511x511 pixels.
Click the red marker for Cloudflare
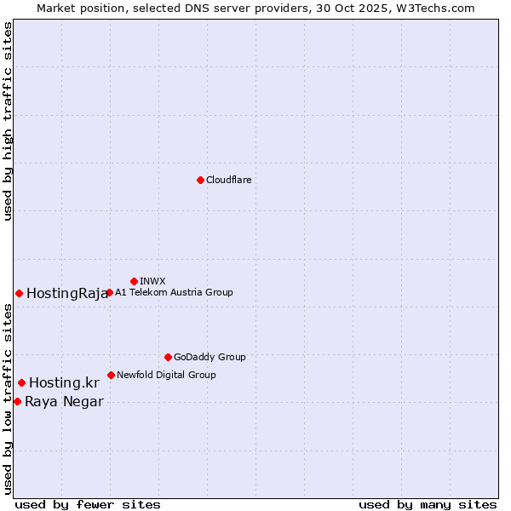click(x=200, y=180)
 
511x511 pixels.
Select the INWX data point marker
click(x=134, y=281)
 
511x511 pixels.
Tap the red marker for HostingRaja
click(x=19, y=293)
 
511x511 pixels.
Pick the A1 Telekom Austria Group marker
click(x=109, y=292)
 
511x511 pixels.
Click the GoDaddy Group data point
click(x=168, y=357)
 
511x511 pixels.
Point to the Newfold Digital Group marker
click(x=111, y=375)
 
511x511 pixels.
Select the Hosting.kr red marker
click(x=21, y=382)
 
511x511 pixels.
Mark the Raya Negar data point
click(x=17, y=401)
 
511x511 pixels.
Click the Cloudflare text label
click(x=228, y=180)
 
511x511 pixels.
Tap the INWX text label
click(x=152, y=281)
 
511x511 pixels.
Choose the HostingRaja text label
click(x=67, y=294)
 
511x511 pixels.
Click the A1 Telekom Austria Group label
click(x=174, y=292)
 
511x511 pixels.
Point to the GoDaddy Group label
click(x=210, y=357)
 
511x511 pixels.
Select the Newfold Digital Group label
click(x=166, y=375)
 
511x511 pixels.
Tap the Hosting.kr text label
click(x=64, y=383)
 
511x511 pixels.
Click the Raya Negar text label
click(x=64, y=402)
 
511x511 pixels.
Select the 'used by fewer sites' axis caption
click(x=88, y=504)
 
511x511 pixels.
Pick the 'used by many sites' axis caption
click(x=428, y=504)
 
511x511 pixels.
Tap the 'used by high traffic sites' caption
click(x=9, y=121)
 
